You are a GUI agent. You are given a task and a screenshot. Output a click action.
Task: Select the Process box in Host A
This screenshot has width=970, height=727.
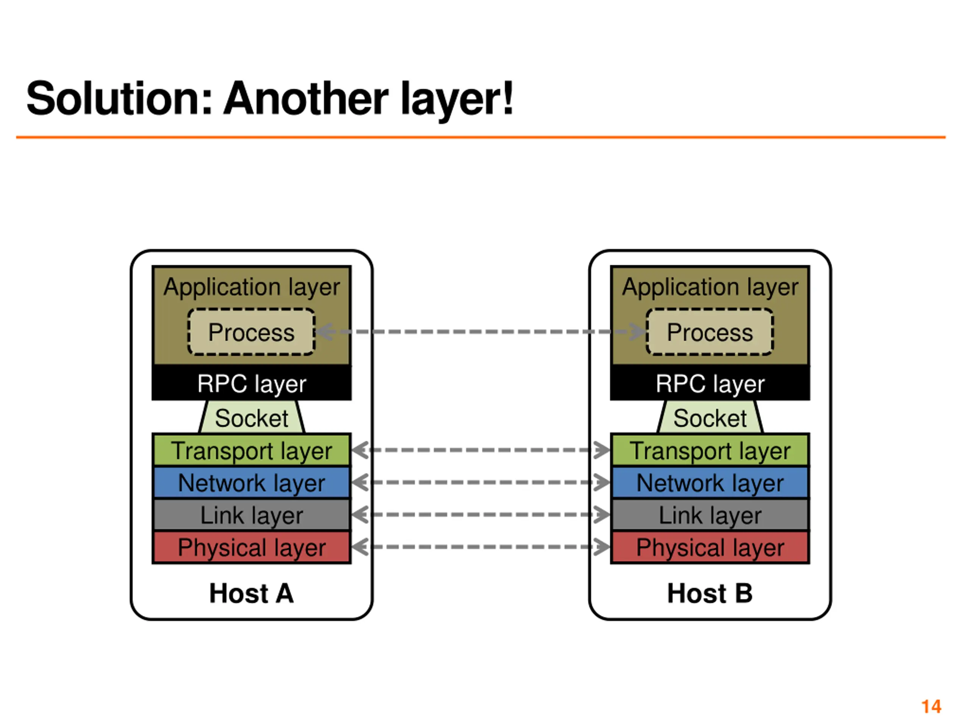251,332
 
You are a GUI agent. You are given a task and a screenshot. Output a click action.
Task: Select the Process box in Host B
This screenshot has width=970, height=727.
710,332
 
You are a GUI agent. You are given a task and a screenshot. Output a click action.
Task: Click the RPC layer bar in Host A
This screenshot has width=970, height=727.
251,383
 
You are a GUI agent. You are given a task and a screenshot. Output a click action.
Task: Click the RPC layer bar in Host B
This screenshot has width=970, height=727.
710,383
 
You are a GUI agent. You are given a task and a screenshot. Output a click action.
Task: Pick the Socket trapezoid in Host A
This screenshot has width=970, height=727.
251,417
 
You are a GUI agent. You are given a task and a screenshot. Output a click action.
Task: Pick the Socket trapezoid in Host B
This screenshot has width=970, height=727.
710,417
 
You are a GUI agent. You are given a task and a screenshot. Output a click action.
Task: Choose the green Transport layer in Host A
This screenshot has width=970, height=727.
251,450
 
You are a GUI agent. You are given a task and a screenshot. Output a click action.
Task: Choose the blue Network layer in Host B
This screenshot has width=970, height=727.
710,482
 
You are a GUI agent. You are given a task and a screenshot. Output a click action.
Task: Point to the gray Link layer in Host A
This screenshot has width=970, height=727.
251,515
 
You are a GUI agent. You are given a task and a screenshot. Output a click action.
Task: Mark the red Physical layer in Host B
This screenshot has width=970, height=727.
710,547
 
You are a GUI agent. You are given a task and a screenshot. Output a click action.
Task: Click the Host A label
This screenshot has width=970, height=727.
251,593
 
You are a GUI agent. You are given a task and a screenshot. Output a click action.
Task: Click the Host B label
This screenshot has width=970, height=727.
710,593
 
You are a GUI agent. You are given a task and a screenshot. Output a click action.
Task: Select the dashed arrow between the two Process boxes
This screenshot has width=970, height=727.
480,332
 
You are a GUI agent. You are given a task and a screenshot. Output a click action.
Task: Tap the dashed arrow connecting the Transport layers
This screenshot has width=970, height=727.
480,450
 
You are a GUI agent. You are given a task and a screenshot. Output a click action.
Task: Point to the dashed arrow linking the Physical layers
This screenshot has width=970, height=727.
480,547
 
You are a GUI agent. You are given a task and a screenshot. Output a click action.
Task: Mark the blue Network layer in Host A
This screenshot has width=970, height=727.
251,482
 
